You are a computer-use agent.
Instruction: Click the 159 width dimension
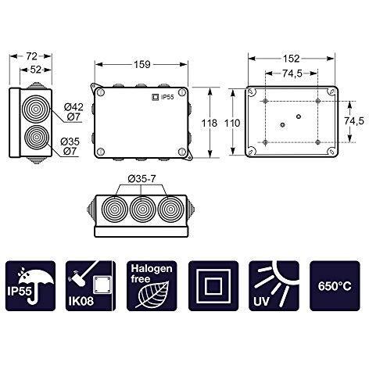click(142, 64)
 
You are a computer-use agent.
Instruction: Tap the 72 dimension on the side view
click(31, 56)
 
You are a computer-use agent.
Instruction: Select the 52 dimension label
click(36, 70)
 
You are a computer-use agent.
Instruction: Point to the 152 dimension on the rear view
click(291, 59)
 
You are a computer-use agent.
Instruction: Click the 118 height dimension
click(210, 123)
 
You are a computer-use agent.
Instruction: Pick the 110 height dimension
click(232, 123)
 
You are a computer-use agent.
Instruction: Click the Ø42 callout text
click(73, 107)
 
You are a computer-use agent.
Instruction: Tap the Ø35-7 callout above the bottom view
click(142, 179)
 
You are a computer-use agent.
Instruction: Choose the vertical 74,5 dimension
click(353, 121)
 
